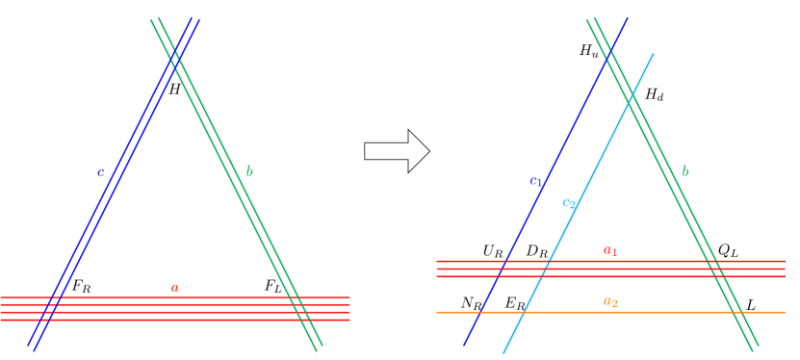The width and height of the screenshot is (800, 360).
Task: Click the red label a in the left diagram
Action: click(x=174, y=288)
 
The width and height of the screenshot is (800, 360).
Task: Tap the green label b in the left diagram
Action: click(x=249, y=171)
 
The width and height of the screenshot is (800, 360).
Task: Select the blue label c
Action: click(x=101, y=173)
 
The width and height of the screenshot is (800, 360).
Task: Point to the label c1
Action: click(x=536, y=180)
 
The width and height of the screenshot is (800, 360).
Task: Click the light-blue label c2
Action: click(x=568, y=203)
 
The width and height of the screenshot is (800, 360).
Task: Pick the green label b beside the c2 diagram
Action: click(x=684, y=171)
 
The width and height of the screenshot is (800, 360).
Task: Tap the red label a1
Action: click(x=610, y=250)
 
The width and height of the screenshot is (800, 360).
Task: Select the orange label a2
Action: click(x=610, y=301)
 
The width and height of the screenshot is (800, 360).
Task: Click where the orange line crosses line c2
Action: click(x=523, y=312)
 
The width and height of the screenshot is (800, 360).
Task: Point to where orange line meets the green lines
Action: click(x=738, y=312)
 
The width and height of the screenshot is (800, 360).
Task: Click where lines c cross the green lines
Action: click(x=175, y=60)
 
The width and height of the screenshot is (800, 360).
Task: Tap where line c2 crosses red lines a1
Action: click(x=545, y=269)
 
